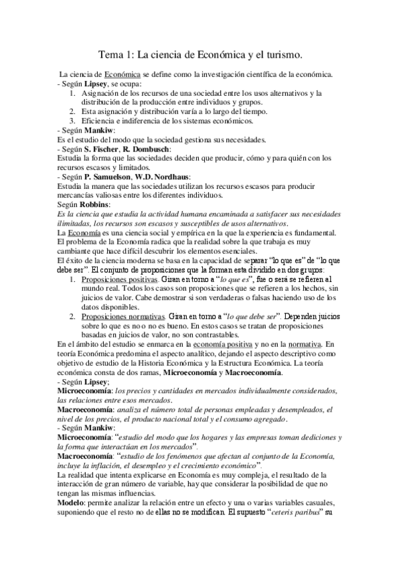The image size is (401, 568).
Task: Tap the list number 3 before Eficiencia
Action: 72,121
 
